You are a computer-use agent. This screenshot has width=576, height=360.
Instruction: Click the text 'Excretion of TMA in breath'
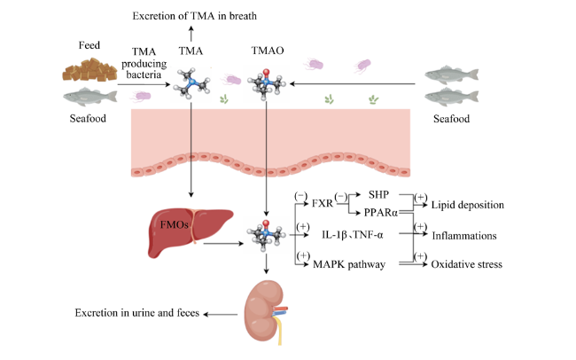[x=194, y=16]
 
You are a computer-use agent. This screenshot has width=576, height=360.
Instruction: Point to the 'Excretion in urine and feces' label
[x=137, y=313]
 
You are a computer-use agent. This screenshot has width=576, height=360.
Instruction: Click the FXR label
[x=323, y=203]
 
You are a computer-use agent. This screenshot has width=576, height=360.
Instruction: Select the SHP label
[x=378, y=194]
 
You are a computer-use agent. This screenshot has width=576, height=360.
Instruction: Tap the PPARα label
[x=381, y=213]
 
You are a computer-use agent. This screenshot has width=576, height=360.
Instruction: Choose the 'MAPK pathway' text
[x=349, y=264]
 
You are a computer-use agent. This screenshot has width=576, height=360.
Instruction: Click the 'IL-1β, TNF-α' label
[x=353, y=235]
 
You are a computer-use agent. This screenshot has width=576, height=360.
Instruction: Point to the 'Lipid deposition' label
[x=467, y=205]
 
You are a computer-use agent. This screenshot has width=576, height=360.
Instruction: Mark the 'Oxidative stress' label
[x=466, y=264]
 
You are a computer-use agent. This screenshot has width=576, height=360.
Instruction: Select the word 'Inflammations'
[x=464, y=236]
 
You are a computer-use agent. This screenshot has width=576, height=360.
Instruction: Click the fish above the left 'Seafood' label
[x=90, y=97]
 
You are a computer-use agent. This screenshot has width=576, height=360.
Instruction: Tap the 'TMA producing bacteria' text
[x=144, y=63]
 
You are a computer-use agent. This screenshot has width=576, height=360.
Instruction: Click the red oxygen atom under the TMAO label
[x=266, y=72]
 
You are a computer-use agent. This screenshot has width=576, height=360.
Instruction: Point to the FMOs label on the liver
[x=174, y=224]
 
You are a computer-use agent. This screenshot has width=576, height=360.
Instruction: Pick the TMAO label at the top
[x=268, y=51]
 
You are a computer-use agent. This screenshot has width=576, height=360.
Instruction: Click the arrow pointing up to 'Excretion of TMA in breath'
[x=191, y=34]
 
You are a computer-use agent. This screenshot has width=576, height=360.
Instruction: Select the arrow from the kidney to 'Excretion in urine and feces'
[x=221, y=315]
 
